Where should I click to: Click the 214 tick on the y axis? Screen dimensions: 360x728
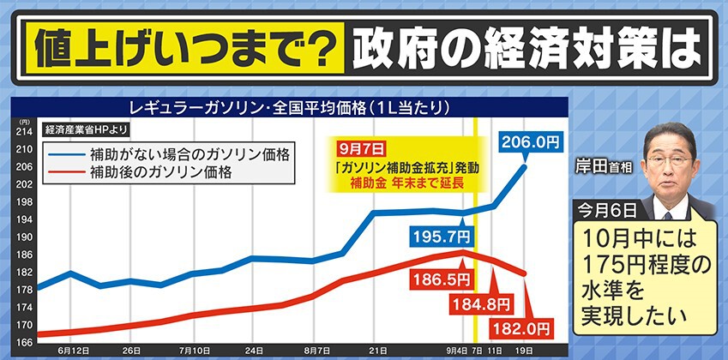(x=25, y=131)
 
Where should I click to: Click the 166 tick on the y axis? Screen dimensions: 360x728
(x=25, y=343)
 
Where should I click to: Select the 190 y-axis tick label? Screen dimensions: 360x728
(x=25, y=237)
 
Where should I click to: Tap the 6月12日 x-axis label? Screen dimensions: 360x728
(x=73, y=351)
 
